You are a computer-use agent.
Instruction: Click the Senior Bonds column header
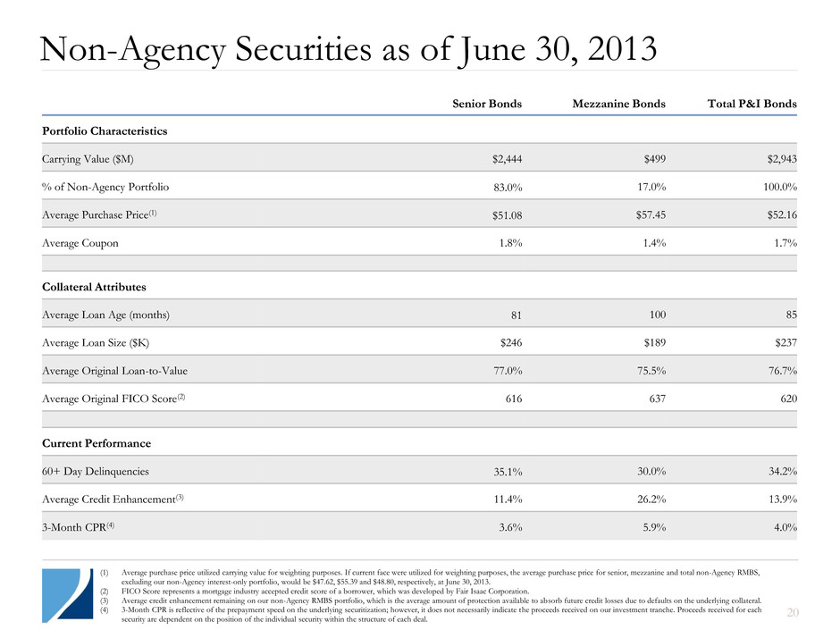pos(487,104)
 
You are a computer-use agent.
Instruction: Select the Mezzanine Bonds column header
pos(618,104)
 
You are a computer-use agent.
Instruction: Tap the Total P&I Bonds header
pos(745,104)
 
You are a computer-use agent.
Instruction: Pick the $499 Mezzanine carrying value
pos(653,159)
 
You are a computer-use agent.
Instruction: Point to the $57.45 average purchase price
pos(647,215)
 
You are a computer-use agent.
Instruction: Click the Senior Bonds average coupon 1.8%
pos(509,243)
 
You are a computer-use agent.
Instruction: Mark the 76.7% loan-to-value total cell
pos(778,370)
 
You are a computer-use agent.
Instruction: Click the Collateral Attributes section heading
pos(94,287)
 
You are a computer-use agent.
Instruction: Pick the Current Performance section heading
pos(96,443)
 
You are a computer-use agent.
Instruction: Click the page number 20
pos(787,611)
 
